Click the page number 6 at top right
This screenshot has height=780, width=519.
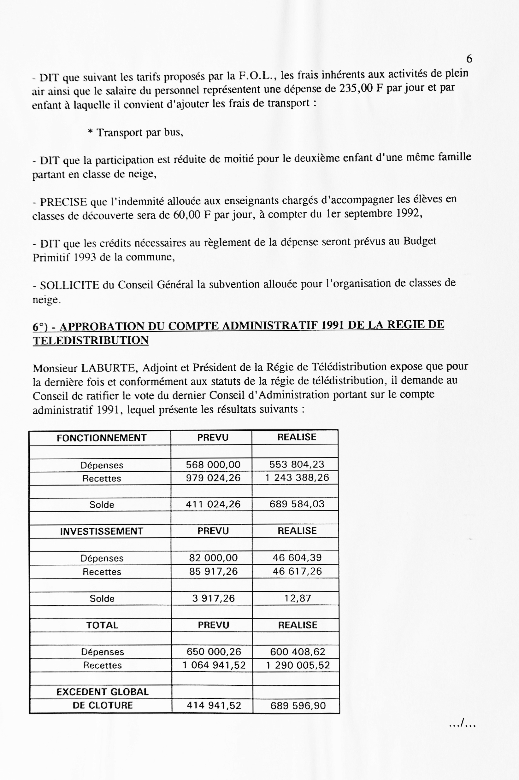tap(469, 59)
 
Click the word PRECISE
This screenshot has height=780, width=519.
tap(63, 201)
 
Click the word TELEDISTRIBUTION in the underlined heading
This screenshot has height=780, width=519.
tap(91, 340)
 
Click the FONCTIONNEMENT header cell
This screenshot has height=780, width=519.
tap(101, 438)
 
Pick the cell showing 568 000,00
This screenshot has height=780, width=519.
tap(213, 464)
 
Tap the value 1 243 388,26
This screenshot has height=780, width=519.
tap(297, 477)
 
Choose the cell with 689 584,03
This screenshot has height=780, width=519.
tap(297, 504)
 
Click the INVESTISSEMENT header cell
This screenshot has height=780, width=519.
tap(102, 531)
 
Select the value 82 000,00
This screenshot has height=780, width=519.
tap(213, 558)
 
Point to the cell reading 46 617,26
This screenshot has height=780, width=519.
tap(297, 571)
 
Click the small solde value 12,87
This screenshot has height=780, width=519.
tap(297, 598)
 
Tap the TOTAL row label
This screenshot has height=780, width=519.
tap(102, 625)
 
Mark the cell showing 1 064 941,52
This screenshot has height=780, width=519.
tap(214, 665)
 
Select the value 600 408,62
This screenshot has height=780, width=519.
tap(297, 652)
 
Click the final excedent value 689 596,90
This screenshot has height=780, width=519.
tap(298, 706)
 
